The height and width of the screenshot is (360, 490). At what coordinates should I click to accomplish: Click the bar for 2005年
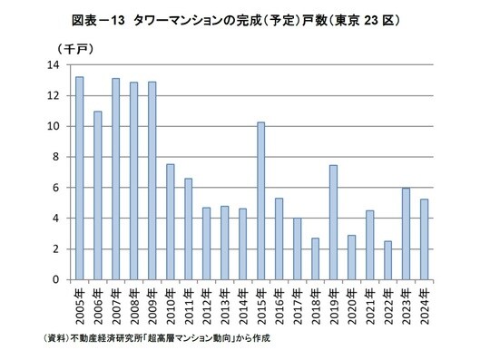(x=79, y=179)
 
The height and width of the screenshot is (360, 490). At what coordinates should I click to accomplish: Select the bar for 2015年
(x=260, y=200)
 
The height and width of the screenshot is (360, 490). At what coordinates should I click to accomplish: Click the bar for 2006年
(x=97, y=195)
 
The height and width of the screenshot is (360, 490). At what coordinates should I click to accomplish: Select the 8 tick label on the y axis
(x=56, y=157)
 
